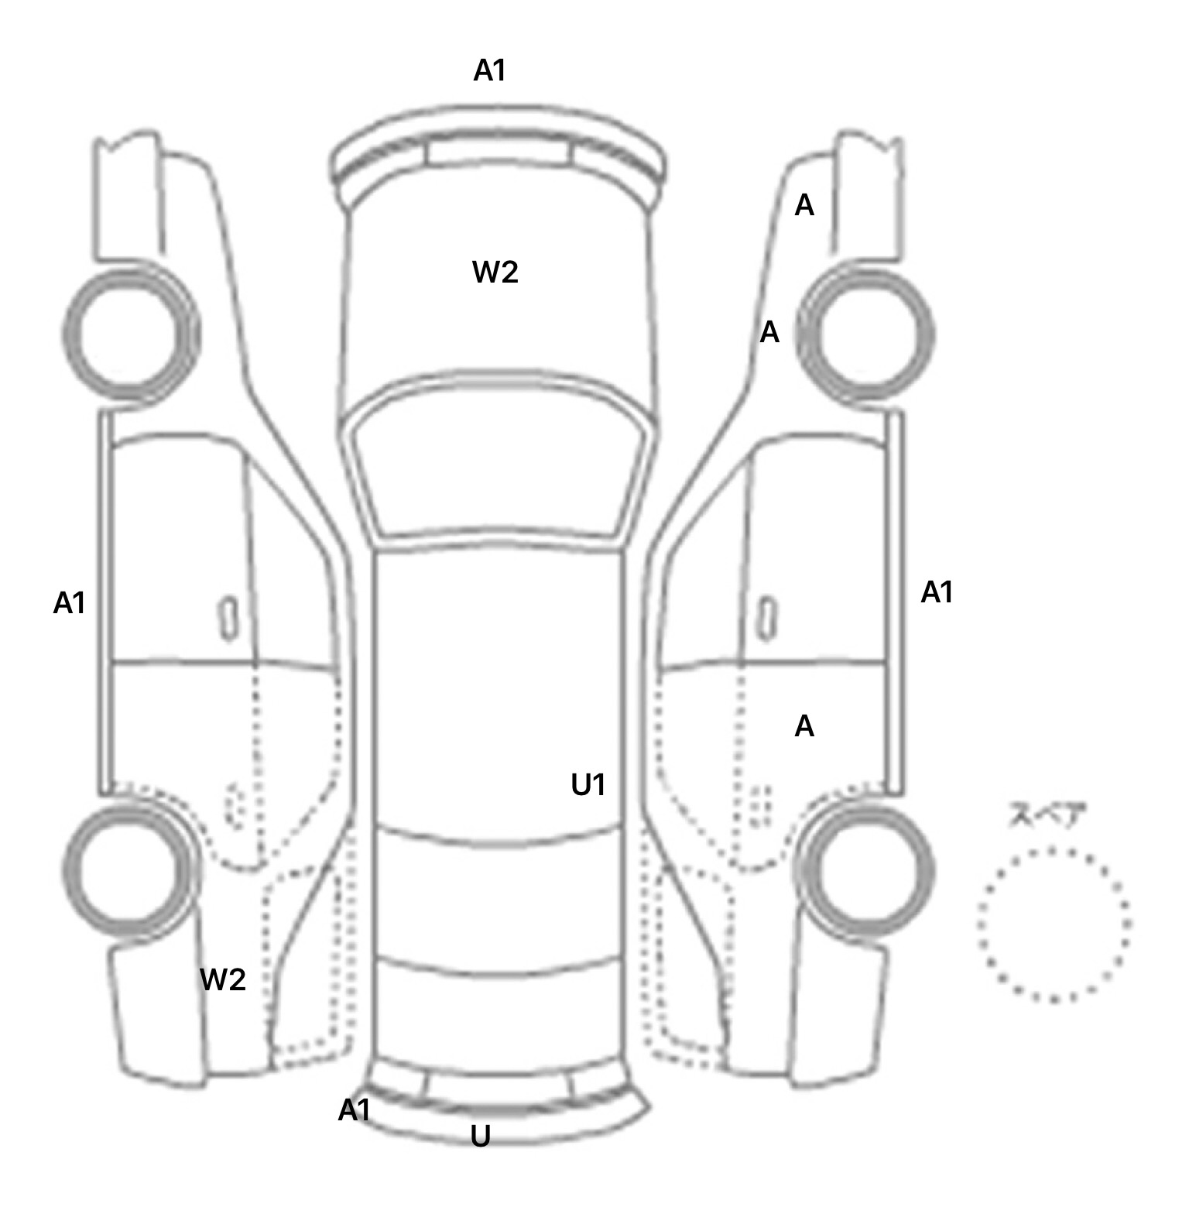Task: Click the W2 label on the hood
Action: tap(495, 273)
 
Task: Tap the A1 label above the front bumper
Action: tap(489, 71)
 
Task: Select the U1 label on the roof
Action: tap(588, 785)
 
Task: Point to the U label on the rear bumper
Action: tap(481, 1137)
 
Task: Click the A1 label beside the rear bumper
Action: tap(355, 1111)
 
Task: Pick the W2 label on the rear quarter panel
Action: tap(223, 980)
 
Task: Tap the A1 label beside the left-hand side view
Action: tap(69, 603)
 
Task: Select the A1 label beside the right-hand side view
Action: tap(937, 593)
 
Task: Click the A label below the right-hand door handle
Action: tap(804, 726)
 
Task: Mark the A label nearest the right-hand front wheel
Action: tap(769, 333)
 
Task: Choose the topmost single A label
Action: tap(804, 205)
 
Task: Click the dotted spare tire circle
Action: tap(1054, 924)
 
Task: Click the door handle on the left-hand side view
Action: tap(228, 618)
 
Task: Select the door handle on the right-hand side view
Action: tap(766, 618)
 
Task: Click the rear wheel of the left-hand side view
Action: tap(130, 869)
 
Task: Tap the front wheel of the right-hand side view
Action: tap(865, 334)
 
